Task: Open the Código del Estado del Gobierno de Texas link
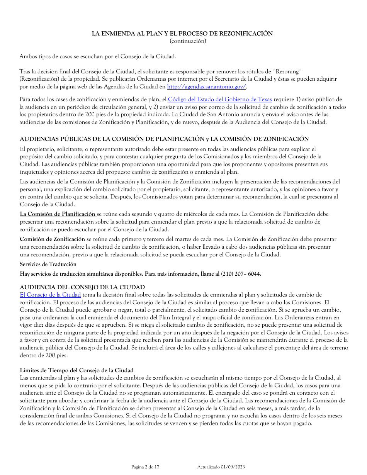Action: coord(220,99)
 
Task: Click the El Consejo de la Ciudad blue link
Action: coord(50,295)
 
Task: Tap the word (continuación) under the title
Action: coord(188,41)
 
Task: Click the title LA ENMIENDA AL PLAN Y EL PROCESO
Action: coord(182,34)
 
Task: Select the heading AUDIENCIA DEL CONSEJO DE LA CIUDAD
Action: coord(82,287)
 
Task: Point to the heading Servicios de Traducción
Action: coord(48,264)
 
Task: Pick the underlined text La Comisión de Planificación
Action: coord(58,214)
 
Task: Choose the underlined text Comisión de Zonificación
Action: coord(53,239)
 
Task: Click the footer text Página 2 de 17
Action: coord(145,467)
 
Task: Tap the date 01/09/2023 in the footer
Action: coord(233,467)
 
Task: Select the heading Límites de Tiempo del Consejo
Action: coord(76,370)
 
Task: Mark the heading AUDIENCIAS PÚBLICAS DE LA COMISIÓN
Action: coord(164,139)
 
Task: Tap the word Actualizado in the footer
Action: coord(208,467)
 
